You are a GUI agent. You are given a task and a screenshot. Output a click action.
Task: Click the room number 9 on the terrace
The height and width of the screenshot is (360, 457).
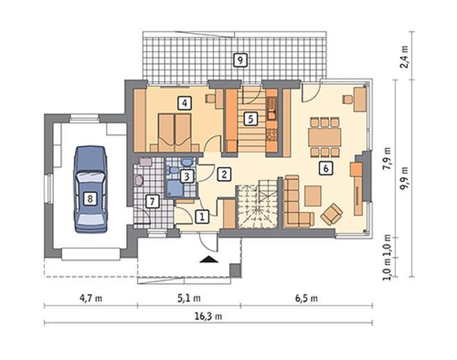point(240,60)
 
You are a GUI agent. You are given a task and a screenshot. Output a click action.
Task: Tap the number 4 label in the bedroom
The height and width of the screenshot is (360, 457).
point(185,103)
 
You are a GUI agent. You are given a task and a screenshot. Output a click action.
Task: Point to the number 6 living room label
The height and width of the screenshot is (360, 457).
point(325,168)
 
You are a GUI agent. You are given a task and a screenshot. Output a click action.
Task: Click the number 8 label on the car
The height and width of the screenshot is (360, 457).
point(90,199)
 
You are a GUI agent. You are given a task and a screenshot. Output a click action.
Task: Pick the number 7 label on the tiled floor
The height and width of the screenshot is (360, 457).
point(152,201)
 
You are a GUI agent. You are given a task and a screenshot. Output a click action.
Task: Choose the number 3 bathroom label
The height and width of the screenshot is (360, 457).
point(187,176)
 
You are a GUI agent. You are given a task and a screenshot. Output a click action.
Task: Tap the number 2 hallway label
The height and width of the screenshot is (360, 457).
point(224,174)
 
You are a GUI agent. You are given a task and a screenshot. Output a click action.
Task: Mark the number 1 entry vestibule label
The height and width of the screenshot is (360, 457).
point(202,217)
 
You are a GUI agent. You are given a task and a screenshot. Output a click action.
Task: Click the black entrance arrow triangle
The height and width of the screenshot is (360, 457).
point(209,260)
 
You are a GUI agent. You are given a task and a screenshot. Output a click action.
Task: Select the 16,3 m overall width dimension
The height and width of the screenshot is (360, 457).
point(208,316)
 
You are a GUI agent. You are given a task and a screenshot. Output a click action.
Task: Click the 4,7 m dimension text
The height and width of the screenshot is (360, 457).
point(91,298)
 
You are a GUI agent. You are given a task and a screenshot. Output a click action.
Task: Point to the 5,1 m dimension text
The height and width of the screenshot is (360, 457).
point(189,298)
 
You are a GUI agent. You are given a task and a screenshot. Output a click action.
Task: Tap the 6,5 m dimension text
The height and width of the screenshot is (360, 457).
point(306,298)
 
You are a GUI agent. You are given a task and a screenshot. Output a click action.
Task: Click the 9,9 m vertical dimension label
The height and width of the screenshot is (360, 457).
point(404,179)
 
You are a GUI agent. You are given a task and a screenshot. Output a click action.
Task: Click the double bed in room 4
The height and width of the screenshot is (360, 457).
point(174,133)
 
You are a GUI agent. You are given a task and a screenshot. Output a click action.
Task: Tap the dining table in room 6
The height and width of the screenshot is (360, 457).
point(324,137)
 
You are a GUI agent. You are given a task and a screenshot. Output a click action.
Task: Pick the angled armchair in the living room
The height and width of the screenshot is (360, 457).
point(332,214)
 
